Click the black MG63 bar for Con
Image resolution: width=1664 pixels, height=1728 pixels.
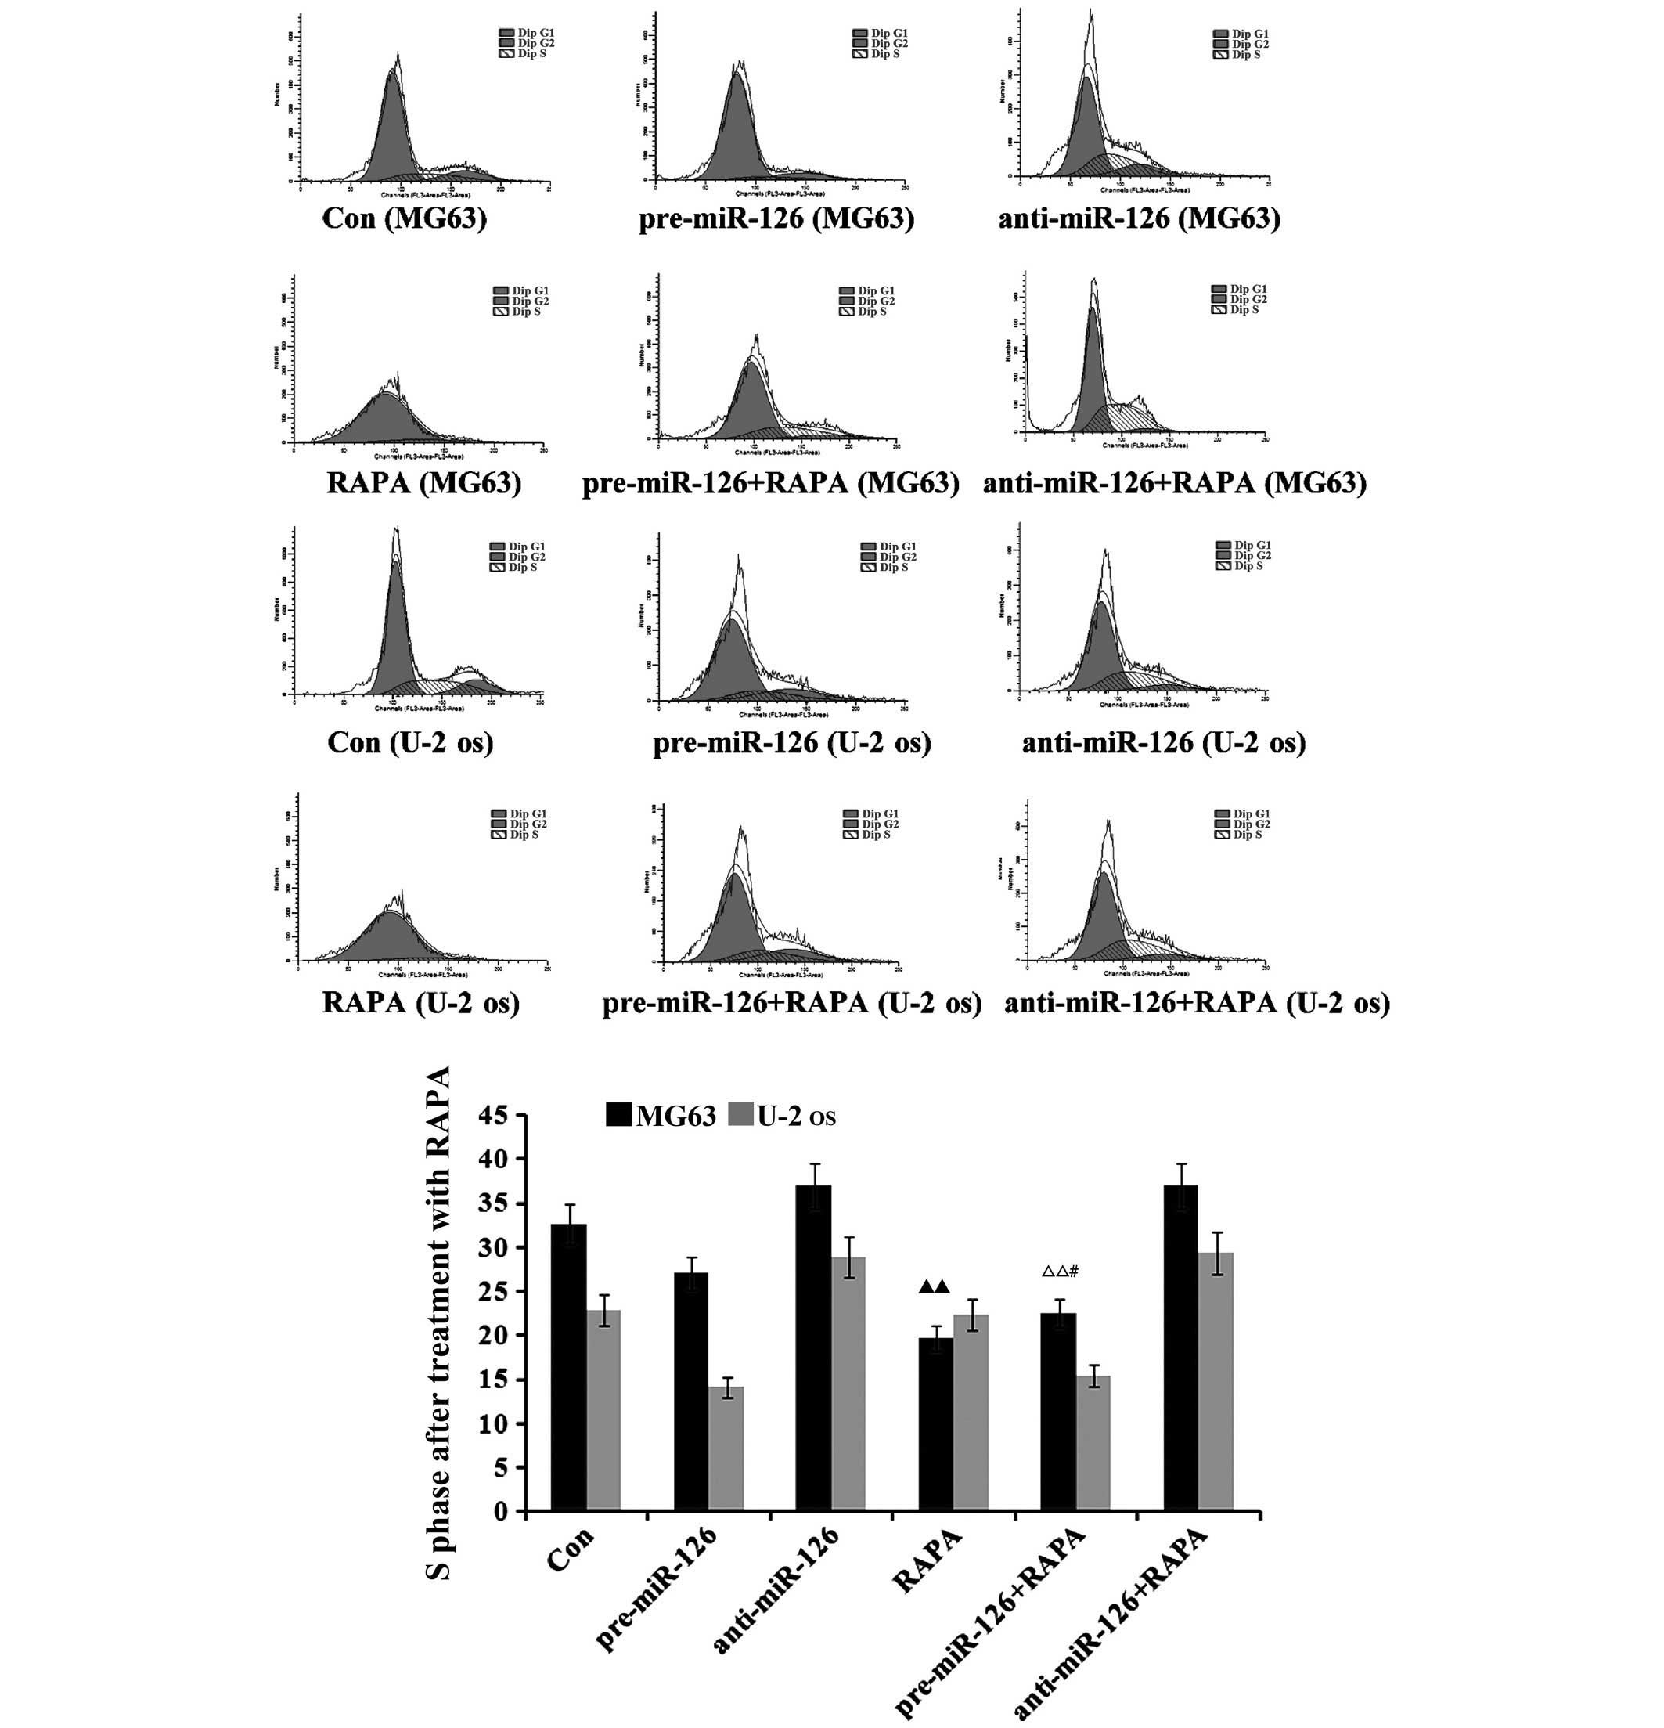[x=568, y=1367]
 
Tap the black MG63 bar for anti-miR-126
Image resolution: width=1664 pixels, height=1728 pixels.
[x=813, y=1348]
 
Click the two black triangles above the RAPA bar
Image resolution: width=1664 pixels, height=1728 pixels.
[x=935, y=1286]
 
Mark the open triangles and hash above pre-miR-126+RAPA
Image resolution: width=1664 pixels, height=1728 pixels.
[x=1061, y=1272]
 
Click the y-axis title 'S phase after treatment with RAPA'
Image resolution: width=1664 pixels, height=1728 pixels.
[x=438, y=1322]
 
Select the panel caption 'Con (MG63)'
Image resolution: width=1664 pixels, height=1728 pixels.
[x=405, y=218]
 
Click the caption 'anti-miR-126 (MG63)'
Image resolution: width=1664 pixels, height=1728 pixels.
[x=1139, y=218]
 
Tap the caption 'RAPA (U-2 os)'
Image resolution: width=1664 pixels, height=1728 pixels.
[x=420, y=1002]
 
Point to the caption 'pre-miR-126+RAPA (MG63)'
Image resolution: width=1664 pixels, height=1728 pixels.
[x=770, y=482]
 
